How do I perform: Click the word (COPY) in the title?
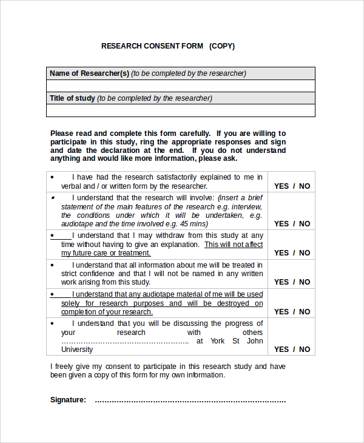(x=222, y=46)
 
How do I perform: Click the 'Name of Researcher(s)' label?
(x=89, y=73)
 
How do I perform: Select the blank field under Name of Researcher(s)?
(x=180, y=86)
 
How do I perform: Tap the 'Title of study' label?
(x=72, y=98)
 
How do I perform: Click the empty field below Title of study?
(x=180, y=110)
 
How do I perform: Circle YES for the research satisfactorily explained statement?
(x=281, y=186)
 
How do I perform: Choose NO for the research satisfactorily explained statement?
(x=305, y=186)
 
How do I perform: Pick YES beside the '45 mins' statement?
(x=281, y=223)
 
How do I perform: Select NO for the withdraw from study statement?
(x=305, y=253)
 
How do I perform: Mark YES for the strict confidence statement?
(x=281, y=282)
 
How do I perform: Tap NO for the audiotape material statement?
(x=305, y=312)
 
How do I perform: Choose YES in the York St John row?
(x=281, y=350)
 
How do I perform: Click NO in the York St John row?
(x=305, y=350)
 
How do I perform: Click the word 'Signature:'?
(x=68, y=400)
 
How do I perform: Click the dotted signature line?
(x=190, y=401)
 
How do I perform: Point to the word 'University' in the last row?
(x=77, y=350)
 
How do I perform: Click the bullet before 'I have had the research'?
(x=52, y=177)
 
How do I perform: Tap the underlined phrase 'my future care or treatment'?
(x=106, y=253)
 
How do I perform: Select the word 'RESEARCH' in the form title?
(x=121, y=46)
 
